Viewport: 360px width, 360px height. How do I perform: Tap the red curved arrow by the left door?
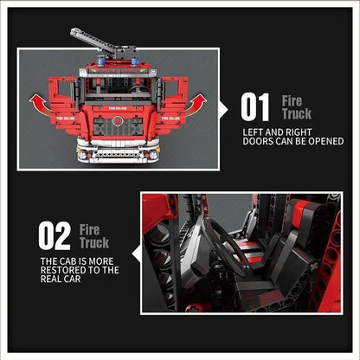pos(38,104)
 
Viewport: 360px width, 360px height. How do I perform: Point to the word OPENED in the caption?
pos(323,140)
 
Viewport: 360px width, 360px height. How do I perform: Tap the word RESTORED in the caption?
pos(63,271)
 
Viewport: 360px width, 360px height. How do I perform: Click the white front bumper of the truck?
pos(118,156)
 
